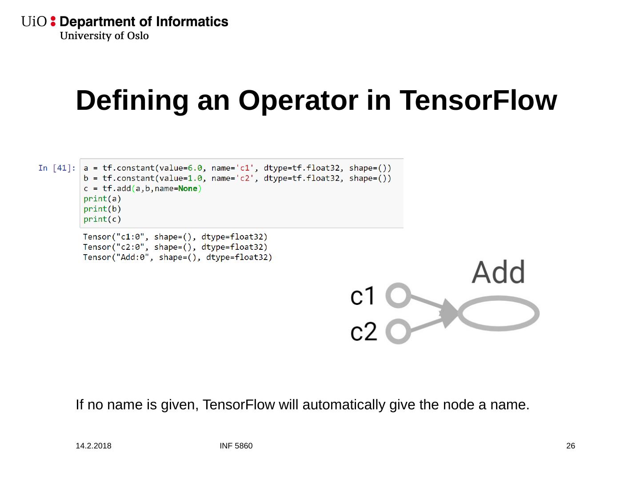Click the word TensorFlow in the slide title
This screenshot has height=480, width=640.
click(478, 100)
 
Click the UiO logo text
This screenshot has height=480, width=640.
click(34, 22)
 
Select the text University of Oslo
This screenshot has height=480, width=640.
click(104, 36)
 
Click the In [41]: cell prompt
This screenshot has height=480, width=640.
click(57, 168)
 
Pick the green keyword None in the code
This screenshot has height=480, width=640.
click(188, 188)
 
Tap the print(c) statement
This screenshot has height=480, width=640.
click(102, 219)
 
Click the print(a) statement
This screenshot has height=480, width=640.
click(102, 199)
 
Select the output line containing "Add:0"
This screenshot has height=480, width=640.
click(177, 257)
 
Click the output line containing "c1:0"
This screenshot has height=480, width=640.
click(175, 237)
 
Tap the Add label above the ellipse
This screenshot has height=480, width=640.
click(498, 272)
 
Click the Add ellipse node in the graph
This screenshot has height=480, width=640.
click(498, 314)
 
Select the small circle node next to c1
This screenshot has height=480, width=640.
click(398, 296)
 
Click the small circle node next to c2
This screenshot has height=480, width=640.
click(398, 332)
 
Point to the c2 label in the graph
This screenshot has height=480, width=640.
click(363, 332)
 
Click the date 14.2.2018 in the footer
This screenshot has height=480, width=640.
click(93, 446)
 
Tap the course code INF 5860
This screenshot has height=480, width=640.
click(236, 446)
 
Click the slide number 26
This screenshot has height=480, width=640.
click(571, 446)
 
